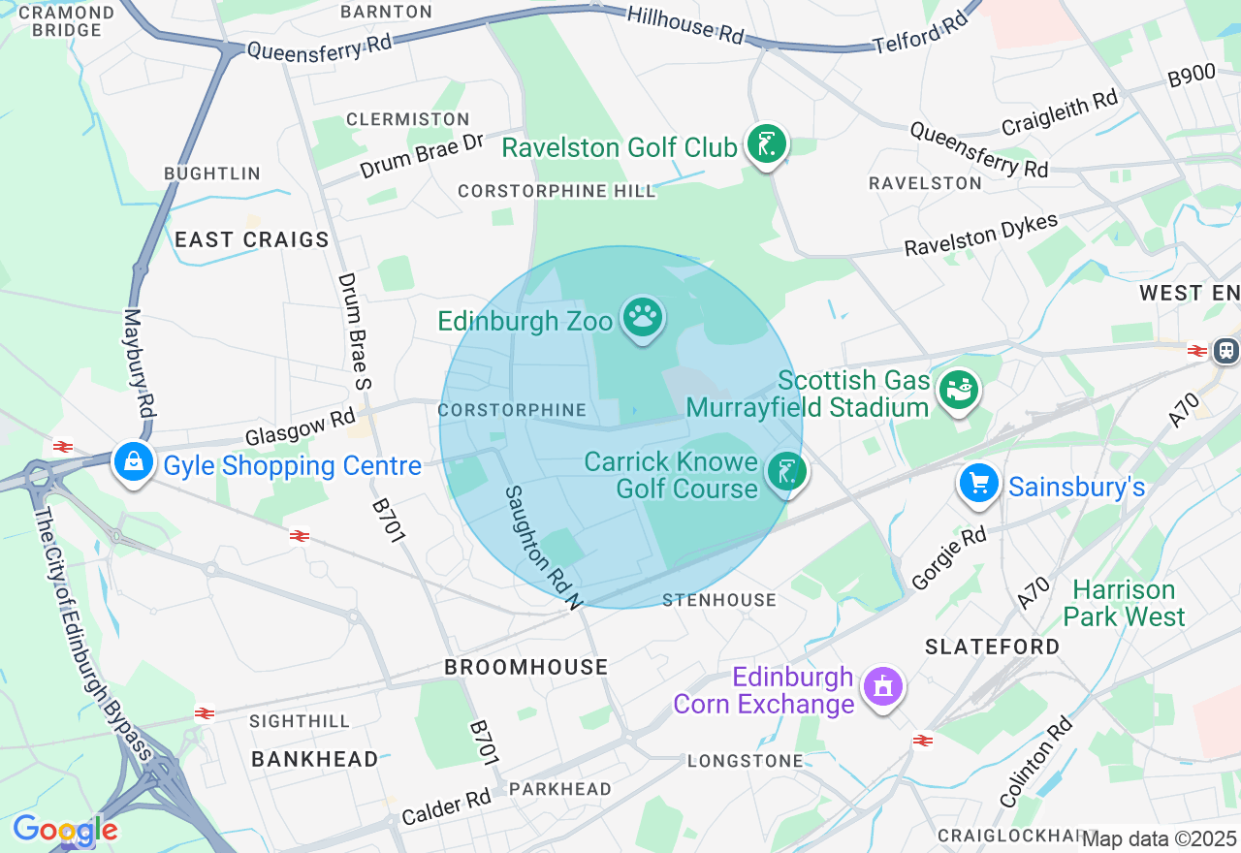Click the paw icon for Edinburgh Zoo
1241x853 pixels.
[642, 316]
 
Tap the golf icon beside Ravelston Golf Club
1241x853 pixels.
[766, 144]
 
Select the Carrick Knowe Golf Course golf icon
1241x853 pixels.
[786, 472]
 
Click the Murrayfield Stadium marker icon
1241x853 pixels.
[959, 391]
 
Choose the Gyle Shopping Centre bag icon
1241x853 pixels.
[134, 462]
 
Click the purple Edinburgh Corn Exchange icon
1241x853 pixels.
[882, 687]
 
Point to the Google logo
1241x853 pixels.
[65, 830]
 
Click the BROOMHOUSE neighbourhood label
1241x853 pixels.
[526, 667]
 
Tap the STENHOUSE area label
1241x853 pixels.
[719, 601]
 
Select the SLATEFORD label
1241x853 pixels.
[992, 647]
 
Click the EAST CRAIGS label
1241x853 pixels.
[252, 239]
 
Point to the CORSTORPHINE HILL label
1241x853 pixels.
[557, 192]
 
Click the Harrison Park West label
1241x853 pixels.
[1124, 603]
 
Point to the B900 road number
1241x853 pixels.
[1192, 76]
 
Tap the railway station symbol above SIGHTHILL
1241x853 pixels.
[205, 713]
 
